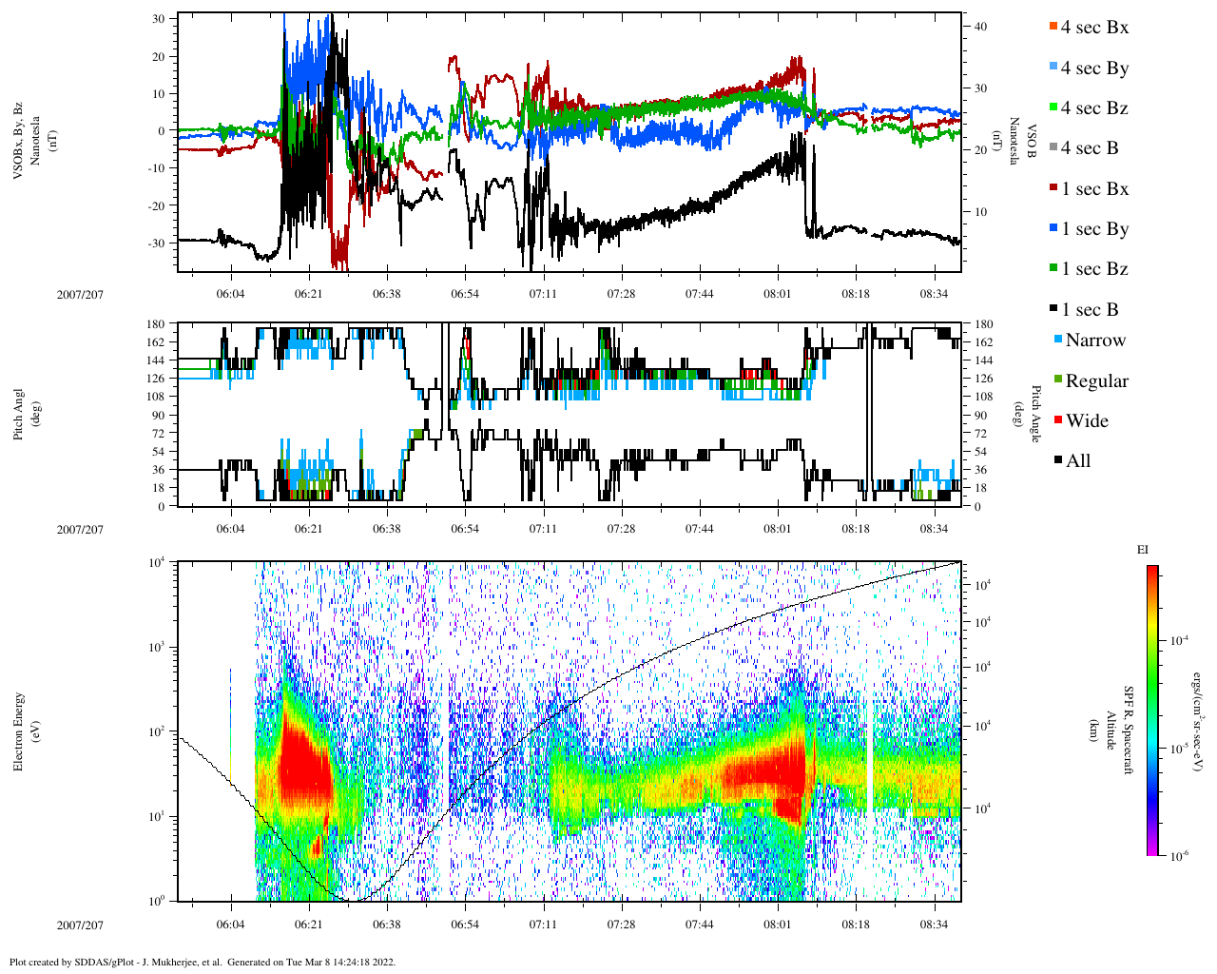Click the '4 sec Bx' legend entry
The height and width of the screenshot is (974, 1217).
[x=1094, y=28]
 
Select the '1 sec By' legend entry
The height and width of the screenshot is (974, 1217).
[x=1094, y=229]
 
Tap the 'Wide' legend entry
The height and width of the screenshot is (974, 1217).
[x=1087, y=421]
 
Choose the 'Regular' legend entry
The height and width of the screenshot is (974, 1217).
[x=1096, y=381]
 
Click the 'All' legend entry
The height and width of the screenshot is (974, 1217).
[x=1078, y=461]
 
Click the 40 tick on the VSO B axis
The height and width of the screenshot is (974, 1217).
[x=980, y=27]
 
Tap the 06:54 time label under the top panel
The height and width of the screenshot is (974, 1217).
[x=465, y=295]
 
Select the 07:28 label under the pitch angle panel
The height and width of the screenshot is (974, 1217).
[x=621, y=529]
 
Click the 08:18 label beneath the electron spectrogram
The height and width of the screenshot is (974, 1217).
[x=856, y=925]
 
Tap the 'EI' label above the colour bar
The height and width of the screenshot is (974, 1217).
[x=1143, y=550]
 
